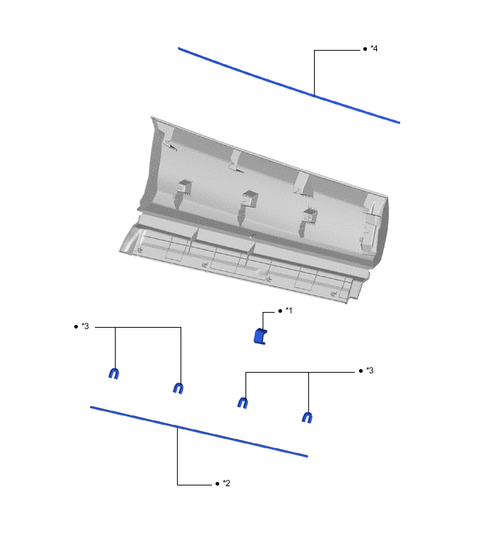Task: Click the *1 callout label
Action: (289, 311)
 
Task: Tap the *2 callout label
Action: (226, 483)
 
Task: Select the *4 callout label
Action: (374, 49)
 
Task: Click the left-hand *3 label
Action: (85, 326)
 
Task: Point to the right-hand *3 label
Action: (370, 371)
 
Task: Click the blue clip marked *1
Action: (260, 336)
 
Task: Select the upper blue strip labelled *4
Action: (288, 86)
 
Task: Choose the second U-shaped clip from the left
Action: (178, 388)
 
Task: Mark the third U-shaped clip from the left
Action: (243, 403)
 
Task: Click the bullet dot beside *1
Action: (280, 311)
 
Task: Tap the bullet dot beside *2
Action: (217, 484)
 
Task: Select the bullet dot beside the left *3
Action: (76, 327)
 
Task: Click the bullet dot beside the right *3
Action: (360, 371)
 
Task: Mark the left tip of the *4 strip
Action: (179, 49)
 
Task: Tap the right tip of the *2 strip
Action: (306, 455)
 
